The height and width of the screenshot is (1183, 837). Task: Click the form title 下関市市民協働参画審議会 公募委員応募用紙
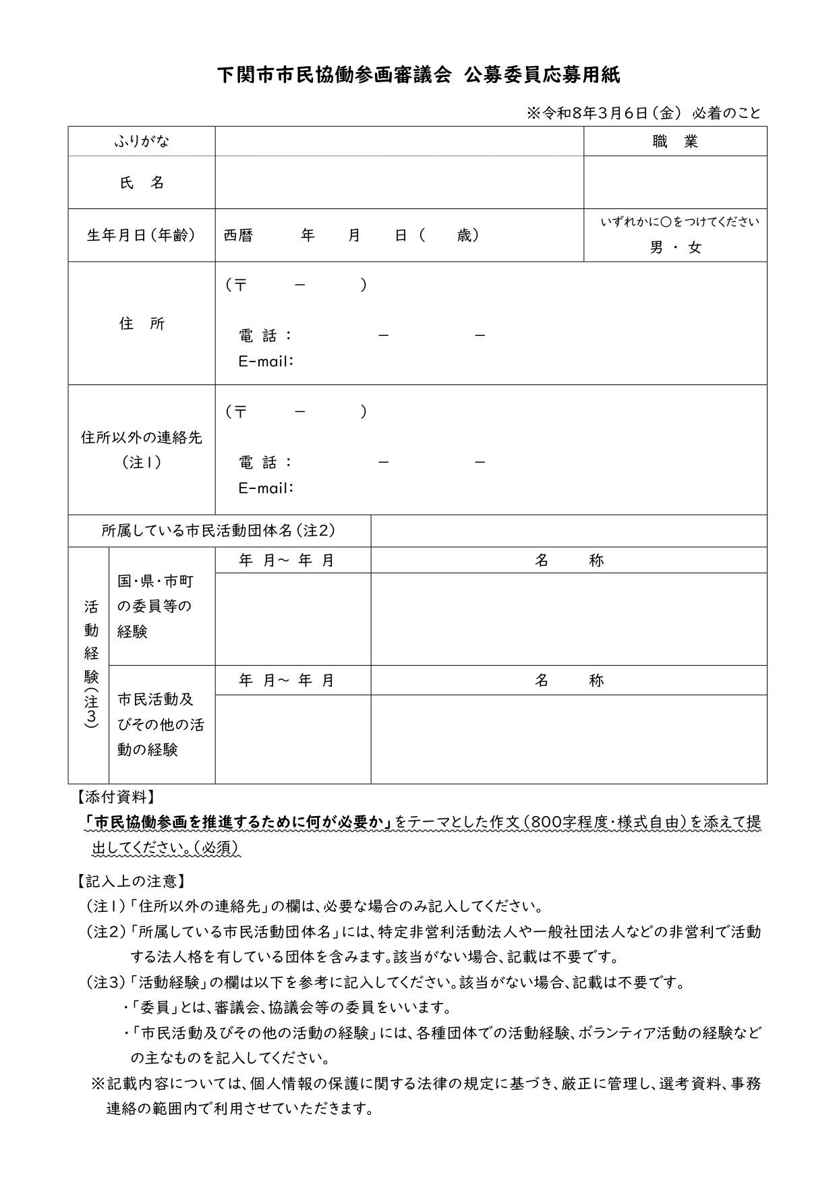pyautogui.click(x=418, y=75)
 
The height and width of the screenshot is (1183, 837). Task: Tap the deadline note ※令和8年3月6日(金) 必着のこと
pyautogui.click(x=643, y=113)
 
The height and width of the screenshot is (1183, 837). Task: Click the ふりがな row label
pyautogui.click(x=142, y=141)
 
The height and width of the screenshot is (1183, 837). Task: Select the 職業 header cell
pyautogui.click(x=675, y=141)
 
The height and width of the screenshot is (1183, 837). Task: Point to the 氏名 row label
pyautogui.click(x=142, y=182)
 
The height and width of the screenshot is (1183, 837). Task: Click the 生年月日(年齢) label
pyautogui.click(x=142, y=235)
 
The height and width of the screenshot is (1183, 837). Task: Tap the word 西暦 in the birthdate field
pyautogui.click(x=238, y=235)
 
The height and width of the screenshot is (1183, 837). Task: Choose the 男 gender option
pyautogui.click(x=656, y=248)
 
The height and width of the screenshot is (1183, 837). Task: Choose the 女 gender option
pyautogui.click(x=695, y=248)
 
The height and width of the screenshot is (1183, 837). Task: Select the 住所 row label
pyautogui.click(x=142, y=324)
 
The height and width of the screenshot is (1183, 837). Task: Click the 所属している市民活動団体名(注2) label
pyautogui.click(x=219, y=531)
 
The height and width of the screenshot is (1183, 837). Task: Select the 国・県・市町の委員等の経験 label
pyautogui.click(x=155, y=606)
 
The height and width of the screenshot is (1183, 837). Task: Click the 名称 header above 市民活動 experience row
pyautogui.click(x=569, y=681)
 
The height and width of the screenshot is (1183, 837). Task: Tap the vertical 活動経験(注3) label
pyautogui.click(x=91, y=664)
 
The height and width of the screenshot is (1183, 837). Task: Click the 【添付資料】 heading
pyautogui.click(x=113, y=797)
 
